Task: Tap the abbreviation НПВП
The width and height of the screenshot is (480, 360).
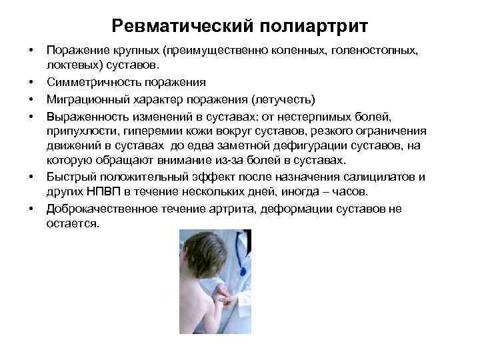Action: [x=101, y=191]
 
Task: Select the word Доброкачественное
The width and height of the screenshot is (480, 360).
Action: [x=103, y=209]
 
